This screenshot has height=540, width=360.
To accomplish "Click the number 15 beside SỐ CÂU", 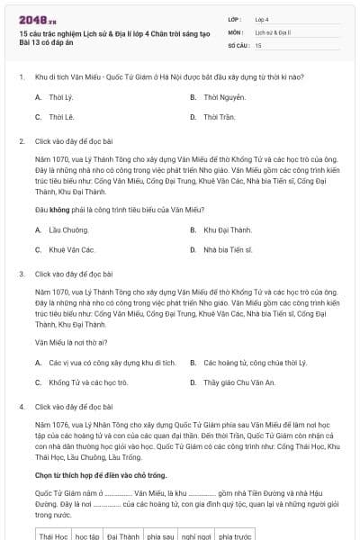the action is point(259,44).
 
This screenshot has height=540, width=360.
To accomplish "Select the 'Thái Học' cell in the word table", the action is point(54,535).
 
